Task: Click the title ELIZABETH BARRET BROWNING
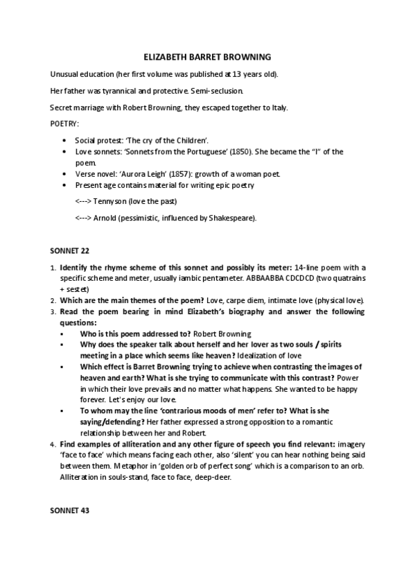point(207,57)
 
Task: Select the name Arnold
point(105,218)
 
